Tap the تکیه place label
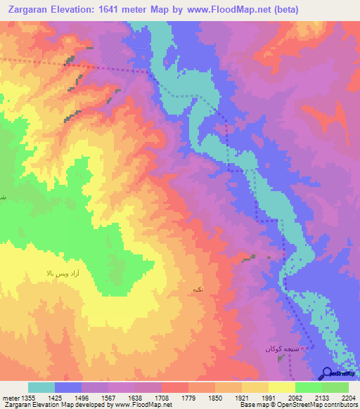coord(197,289)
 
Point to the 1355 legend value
coord(33,398)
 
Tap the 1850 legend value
coord(224,398)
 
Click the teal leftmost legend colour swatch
coord(41,387)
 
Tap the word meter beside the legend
coord(12,398)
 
